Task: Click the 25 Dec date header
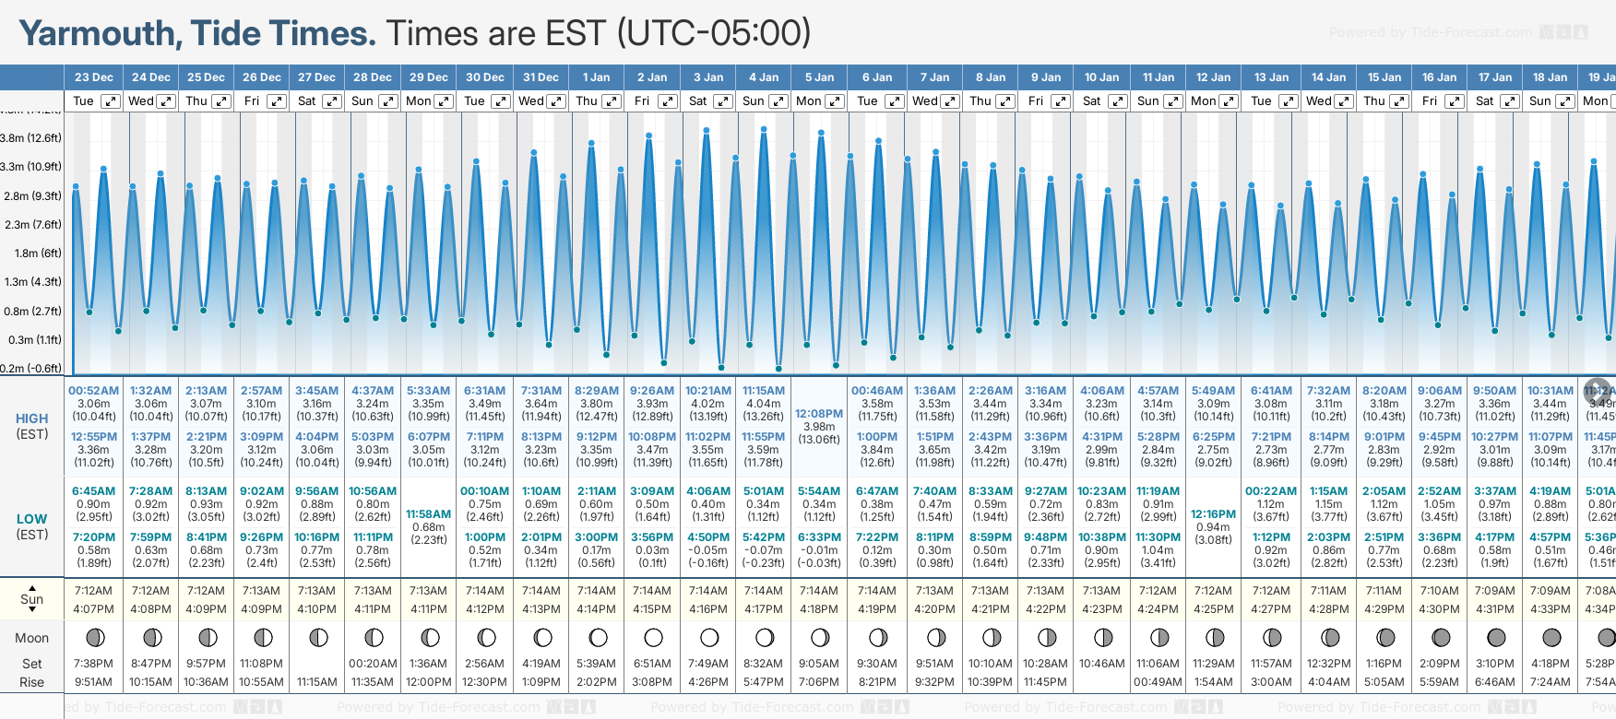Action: pos(206,77)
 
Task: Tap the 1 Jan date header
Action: pos(596,77)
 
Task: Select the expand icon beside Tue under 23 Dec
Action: pos(110,101)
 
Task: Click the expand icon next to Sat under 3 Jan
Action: pos(723,101)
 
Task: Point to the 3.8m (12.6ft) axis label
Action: pos(31,138)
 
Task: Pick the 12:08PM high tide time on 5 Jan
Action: pos(819,414)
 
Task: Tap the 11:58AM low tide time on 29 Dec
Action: pos(428,514)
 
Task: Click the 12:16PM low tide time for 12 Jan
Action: pos(1213,514)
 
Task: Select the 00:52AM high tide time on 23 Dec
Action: pos(93,391)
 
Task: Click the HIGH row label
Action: pos(31,418)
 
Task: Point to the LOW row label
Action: pos(31,519)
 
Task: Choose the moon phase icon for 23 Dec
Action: pos(94,637)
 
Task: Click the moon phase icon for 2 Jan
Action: pos(653,637)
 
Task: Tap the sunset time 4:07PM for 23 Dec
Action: pos(93,609)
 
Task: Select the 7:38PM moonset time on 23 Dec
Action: pos(93,664)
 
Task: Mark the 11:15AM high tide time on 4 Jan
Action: pos(764,391)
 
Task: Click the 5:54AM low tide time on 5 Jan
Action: pos(819,491)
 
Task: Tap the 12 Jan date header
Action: pos(1213,77)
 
